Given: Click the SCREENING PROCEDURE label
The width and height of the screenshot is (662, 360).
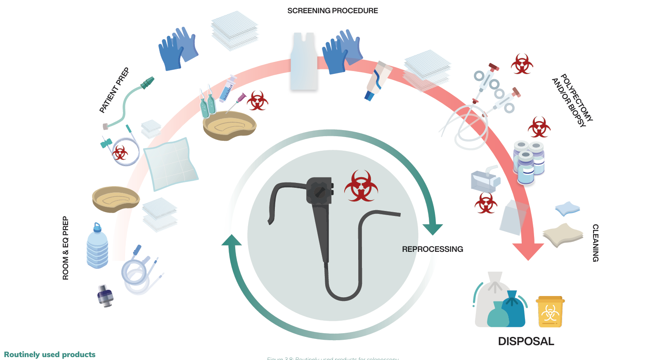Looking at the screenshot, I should point(332,11).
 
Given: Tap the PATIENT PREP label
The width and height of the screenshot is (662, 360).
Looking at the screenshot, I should point(114,90).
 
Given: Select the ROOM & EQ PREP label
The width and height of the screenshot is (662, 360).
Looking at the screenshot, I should point(66,248).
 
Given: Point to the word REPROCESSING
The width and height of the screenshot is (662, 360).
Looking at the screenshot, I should point(432,249).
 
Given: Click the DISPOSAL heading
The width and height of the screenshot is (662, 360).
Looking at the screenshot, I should point(526,341).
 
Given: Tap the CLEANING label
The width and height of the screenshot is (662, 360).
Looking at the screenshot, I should point(595,243).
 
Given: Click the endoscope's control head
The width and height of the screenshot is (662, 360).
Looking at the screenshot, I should point(319,191).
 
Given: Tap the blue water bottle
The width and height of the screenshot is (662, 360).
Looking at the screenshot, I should point(97,246).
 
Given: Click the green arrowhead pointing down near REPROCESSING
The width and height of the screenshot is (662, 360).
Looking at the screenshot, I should point(433,229).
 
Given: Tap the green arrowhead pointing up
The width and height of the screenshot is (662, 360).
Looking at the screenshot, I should point(232,240).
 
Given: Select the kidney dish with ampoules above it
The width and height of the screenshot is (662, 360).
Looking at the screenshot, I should point(229,125).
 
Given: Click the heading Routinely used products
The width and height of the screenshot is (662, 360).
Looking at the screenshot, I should point(50,354).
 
